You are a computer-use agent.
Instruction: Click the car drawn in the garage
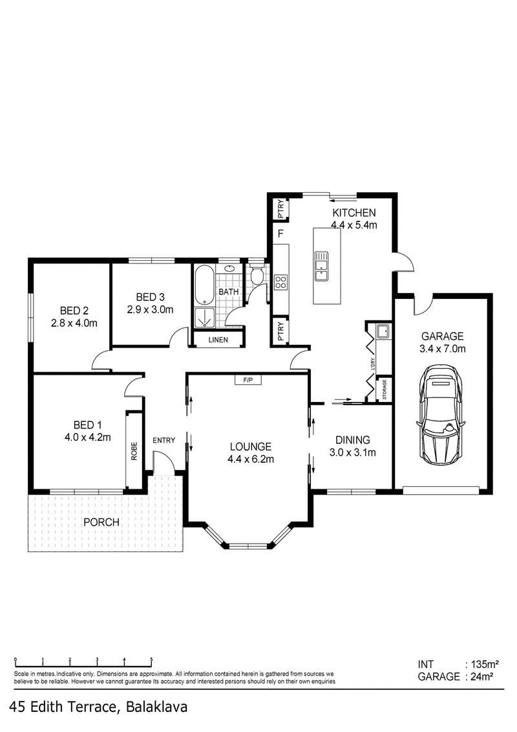[x=441, y=414]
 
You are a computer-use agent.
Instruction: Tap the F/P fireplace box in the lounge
[x=248, y=380]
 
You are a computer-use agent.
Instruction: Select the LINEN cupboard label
[x=218, y=339]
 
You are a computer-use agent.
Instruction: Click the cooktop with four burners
[x=280, y=282]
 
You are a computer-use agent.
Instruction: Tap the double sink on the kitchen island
[x=321, y=265]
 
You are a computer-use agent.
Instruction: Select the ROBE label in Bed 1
[x=134, y=451]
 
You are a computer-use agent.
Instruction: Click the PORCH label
[x=101, y=522]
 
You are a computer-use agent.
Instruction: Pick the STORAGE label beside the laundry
[x=385, y=390]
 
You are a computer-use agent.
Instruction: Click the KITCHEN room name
[x=354, y=212]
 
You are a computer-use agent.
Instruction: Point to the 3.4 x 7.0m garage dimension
[x=443, y=349]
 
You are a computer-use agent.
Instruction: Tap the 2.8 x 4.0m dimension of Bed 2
[x=74, y=322]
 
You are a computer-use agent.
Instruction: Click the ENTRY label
[x=164, y=440]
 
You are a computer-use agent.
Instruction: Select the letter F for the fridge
[x=280, y=234]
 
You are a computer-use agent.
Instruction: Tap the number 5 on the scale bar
[x=152, y=660]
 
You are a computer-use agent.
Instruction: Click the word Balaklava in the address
[x=156, y=707]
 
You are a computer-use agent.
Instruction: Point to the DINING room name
[x=353, y=439]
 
